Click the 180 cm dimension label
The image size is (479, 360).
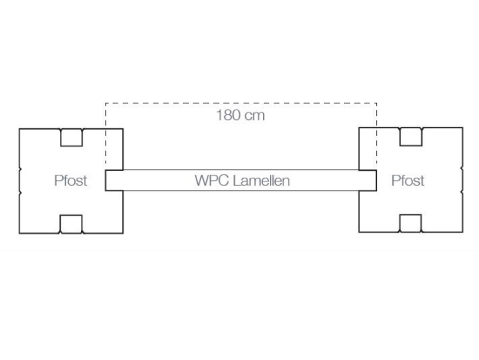coord(241,115)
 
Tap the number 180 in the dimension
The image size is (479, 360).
coord(228,115)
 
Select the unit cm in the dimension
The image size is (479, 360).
coord(255,116)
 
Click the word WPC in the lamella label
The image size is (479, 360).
coord(212,180)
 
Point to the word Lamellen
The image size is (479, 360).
coord(261,180)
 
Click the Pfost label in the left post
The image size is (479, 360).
coord(70,180)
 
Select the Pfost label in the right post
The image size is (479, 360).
coord(408,180)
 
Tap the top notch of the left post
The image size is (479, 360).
coord(71,137)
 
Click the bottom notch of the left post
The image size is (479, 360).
coord(71,224)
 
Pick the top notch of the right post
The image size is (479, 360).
coord(411,136)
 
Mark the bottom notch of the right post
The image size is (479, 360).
coord(411,223)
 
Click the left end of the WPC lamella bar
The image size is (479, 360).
coord(106,180)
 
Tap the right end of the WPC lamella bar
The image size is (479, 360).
coord(376,180)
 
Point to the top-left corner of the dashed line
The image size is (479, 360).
coord(106,103)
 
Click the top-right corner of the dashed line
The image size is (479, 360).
coord(376,103)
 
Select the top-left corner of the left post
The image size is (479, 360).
coord(19,129)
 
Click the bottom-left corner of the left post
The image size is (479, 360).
coord(19,233)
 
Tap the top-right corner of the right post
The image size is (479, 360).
coord(463,127)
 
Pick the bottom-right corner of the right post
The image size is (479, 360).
coord(463,232)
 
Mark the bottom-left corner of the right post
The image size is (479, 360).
coord(359,232)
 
